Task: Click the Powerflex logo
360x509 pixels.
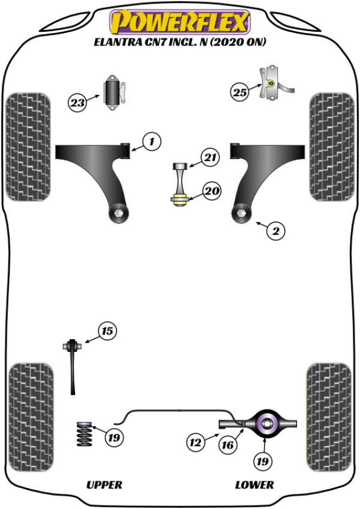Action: [179, 23]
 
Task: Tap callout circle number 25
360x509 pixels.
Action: [240, 92]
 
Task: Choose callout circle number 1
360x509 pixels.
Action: [152, 142]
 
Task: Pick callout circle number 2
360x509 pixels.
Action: [275, 230]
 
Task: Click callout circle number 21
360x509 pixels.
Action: [209, 158]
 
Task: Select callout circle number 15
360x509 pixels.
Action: [107, 331]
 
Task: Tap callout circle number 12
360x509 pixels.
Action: [196, 444]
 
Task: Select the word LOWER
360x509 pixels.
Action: [254, 484]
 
